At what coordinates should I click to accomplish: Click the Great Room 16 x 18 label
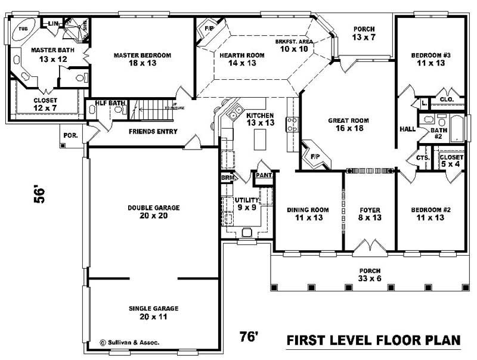[348, 125]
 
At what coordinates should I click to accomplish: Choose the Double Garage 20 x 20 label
[153, 212]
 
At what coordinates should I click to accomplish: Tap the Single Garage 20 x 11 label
[153, 313]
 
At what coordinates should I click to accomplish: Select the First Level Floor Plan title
[374, 340]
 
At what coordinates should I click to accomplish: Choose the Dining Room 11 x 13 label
[308, 214]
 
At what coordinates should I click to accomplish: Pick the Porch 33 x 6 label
[370, 275]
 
